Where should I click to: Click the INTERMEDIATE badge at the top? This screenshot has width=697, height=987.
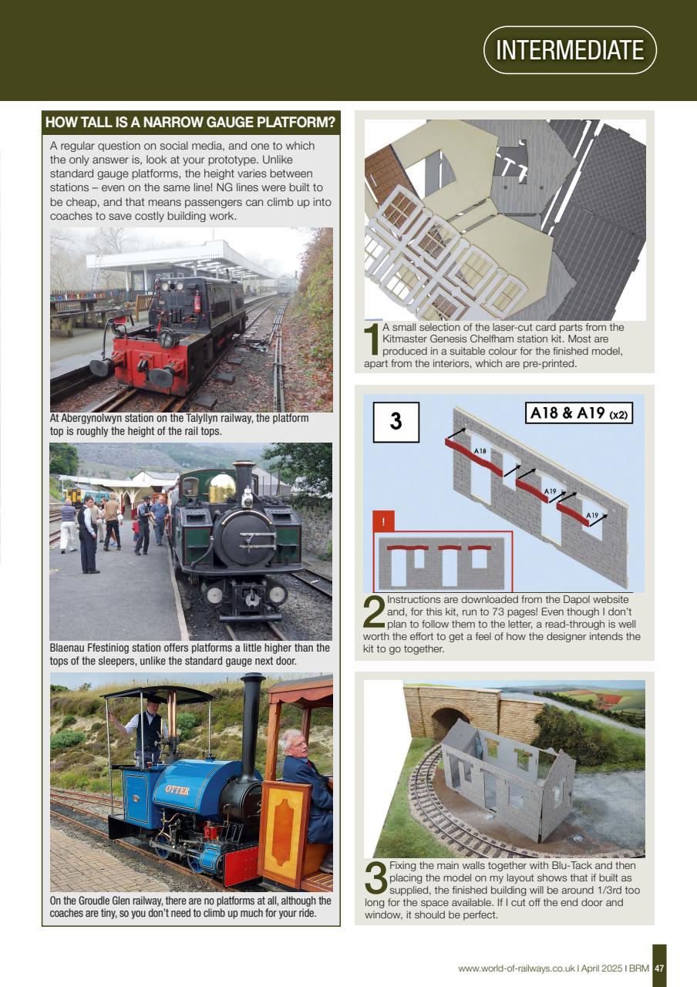click(570, 50)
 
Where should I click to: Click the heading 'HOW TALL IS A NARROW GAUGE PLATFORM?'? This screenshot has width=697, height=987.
click(190, 123)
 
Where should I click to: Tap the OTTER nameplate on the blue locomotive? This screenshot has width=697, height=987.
click(177, 790)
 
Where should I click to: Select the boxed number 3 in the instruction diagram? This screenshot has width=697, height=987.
click(396, 421)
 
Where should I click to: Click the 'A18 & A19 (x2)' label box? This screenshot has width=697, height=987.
click(578, 413)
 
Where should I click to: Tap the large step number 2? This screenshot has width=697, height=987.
click(374, 613)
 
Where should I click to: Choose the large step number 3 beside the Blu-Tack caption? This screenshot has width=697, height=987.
click(375, 879)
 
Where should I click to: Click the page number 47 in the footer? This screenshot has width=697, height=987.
click(659, 968)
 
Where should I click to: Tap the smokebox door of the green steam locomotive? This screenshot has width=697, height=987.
click(245, 536)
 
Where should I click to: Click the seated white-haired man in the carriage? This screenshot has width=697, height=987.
click(305, 779)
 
